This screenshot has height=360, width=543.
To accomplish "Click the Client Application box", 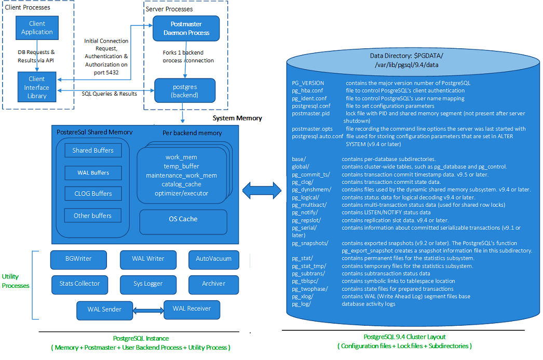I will click(37, 28).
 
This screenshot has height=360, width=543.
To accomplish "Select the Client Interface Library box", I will click(37, 87).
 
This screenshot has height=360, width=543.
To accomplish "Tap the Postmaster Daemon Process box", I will click(186, 29).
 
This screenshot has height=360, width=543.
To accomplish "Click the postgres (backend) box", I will click(184, 90).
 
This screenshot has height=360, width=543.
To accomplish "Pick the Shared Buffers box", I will click(93, 151).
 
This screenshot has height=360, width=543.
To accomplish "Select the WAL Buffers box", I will click(93, 172).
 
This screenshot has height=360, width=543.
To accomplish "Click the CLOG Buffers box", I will click(93, 194).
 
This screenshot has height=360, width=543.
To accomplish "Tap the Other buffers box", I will click(92, 216).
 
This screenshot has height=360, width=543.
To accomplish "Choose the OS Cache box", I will click(183, 219).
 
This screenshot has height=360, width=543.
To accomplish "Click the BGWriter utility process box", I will click(78, 259).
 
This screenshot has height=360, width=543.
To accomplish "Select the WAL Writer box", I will click(148, 259).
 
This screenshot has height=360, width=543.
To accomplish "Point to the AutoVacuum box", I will click(213, 259).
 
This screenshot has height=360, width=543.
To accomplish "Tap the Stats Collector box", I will click(79, 284).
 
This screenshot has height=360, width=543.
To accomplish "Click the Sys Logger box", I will click(148, 284).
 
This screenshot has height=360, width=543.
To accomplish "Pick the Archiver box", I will click(213, 284).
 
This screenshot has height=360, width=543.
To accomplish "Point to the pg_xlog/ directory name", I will click(303, 296).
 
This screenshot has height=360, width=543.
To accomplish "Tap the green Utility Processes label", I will click(16, 281).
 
